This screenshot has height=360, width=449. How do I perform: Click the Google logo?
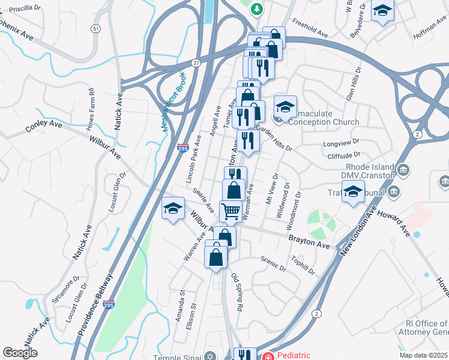pos(20,353)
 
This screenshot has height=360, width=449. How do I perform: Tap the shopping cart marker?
pos(231,211)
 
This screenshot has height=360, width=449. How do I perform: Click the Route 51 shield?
pos(96,28)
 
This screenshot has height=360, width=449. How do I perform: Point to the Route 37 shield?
pos(196,62)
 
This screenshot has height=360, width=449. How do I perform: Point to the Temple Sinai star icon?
pos(208,355)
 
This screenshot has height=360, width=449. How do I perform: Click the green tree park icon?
pos(256,8)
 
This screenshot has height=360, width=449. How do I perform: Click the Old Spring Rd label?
pos(237,292)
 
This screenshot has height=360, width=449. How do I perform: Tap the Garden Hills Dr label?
pos(274,139)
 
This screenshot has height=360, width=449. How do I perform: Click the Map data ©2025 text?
pos(424,355)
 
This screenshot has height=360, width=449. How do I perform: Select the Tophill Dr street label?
pos(303,263)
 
